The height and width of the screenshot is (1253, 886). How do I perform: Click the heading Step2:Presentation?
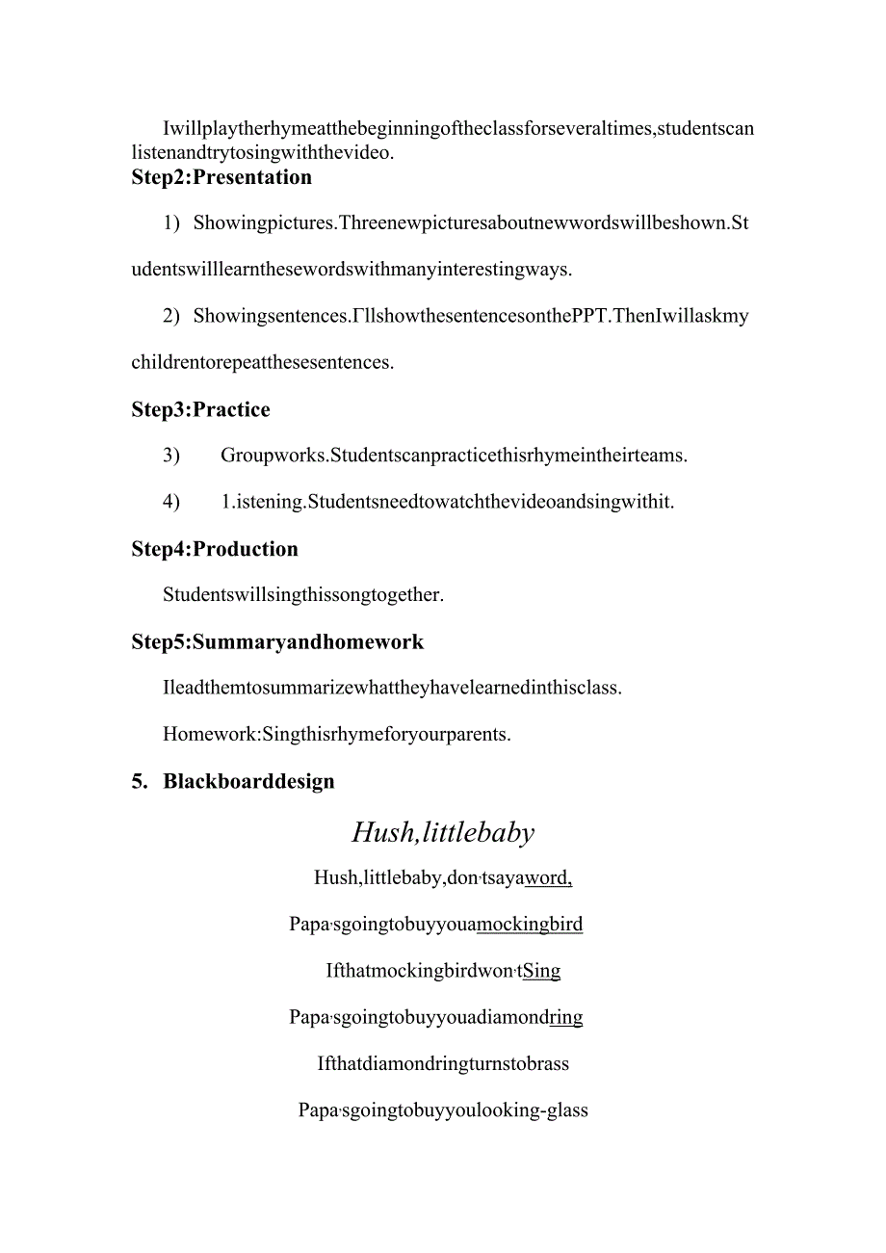tap(221, 177)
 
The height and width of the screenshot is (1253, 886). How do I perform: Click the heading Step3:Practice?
tap(200, 410)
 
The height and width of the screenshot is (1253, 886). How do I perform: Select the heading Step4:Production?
tap(215, 549)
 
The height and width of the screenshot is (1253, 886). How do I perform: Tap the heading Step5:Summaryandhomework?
tap(277, 642)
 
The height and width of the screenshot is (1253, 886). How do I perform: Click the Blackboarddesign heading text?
tap(248, 781)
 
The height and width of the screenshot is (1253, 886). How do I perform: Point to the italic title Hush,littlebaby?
tap(443, 832)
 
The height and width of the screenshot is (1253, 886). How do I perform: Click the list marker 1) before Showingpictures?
tap(171, 223)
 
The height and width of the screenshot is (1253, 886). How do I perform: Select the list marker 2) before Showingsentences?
tap(171, 316)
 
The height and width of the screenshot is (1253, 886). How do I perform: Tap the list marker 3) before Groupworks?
tap(171, 456)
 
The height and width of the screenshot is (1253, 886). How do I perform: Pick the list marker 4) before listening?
tap(171, 502)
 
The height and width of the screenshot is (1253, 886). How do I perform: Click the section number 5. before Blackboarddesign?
tap(140, 781)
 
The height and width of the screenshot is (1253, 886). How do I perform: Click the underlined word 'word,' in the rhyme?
tap(549, 878)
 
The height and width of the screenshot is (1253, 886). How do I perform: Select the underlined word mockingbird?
tap(530, 925)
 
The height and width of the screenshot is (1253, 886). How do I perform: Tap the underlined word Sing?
tap(541, 971)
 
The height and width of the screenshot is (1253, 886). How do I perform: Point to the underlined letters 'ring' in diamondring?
tap(566, 1017)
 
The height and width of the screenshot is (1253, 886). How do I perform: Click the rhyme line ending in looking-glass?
tap(443, 1110)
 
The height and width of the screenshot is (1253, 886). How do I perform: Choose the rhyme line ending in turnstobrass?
tap(443, 1064)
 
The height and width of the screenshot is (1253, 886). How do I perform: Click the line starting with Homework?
tap(337, 735)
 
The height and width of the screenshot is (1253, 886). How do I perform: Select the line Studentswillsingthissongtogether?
tap(303, 595)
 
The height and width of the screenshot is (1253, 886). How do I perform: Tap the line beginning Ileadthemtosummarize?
tap(392, 689)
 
